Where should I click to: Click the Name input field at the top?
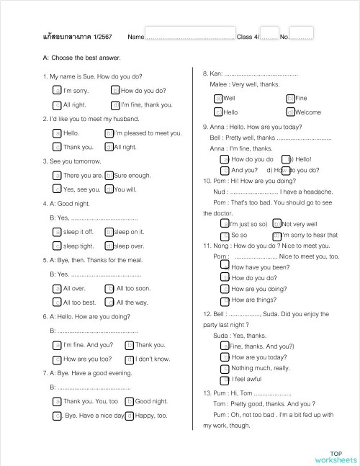190,34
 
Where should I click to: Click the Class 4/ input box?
269,34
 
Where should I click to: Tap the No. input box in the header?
302,34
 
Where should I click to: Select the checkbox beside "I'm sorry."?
58,91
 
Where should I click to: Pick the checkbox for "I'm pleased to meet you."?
109,133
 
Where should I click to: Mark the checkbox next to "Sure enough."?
109,175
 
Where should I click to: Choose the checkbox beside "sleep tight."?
58,246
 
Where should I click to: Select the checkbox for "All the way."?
109,303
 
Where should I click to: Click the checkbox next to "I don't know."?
130,359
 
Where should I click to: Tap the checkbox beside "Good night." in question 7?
130,401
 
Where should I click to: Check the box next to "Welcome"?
290,112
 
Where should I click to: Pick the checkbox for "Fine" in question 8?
290,98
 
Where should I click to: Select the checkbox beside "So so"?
225,235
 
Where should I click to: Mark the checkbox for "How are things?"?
225,300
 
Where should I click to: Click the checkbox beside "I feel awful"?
225,379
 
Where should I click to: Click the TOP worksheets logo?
335,456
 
